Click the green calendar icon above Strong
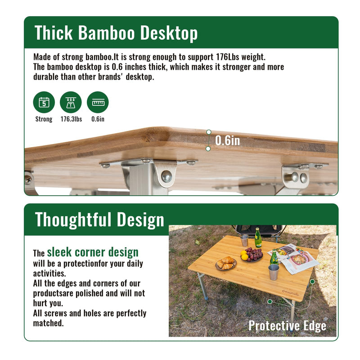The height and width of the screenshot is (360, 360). tap(44, 102)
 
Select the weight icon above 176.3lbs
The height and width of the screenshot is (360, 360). tap(71, 102)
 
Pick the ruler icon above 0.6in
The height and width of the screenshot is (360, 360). tap(98, 102)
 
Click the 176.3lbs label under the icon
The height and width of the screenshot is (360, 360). tap(71, 119)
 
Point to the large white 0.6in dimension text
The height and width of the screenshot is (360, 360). tap(227, 140)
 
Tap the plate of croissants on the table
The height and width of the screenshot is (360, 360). tap(226, 263)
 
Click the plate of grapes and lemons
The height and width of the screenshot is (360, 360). tap(252, 255)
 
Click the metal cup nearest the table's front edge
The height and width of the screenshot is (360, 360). tap(274, 272)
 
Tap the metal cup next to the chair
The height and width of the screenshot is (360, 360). tap(244, 240)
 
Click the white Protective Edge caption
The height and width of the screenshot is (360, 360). tap(287, 325)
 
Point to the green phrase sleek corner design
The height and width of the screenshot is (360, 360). tap(93, 252)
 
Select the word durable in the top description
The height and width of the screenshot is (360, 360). tap(47, 76)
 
